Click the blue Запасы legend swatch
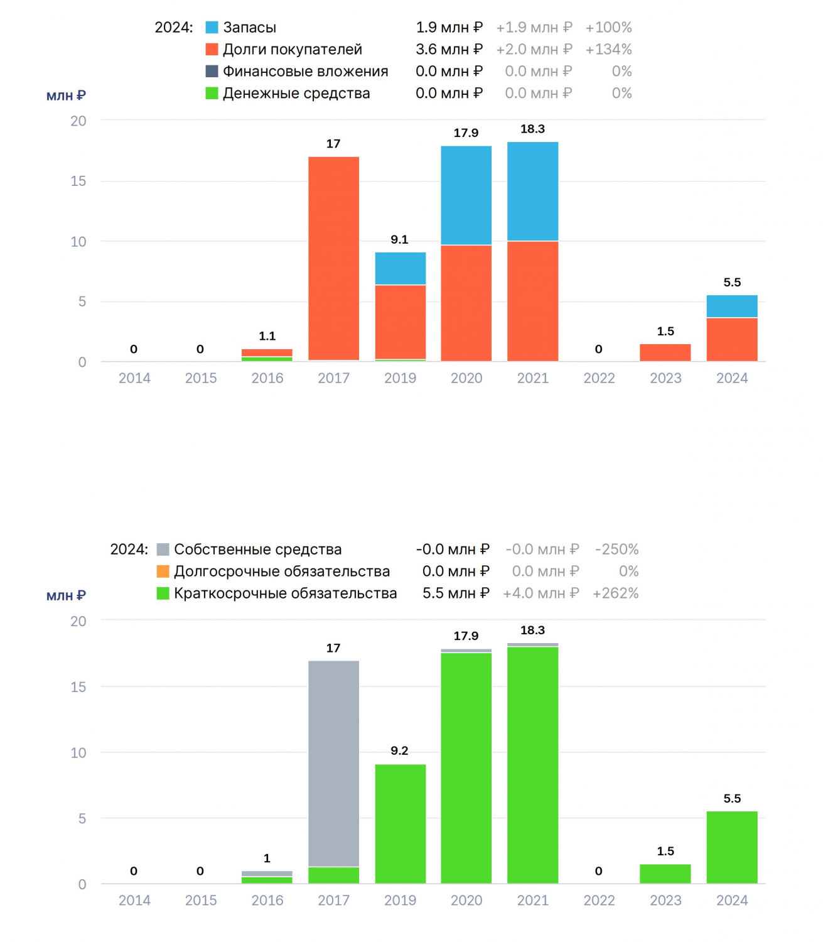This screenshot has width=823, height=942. [x=212, y=27]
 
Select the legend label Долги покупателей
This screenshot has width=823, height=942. [x=293, y=49]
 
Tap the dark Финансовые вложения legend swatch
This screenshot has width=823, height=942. [x=212, y=71]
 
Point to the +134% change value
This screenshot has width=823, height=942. [x=608, y=49]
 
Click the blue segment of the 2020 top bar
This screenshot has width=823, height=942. [x=466, y=195]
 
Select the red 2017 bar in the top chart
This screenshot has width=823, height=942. [x=333, y=258]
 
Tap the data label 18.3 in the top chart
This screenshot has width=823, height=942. [x=532, y=129]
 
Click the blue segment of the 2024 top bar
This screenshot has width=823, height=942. [x=731, y=306]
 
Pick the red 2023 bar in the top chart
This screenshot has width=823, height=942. [x=665, y=352]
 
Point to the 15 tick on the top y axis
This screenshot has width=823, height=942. [x=78, y=181]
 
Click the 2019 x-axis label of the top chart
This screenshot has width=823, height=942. [x=400, y=378]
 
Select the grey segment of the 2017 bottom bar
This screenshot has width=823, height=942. [x=333, y=764]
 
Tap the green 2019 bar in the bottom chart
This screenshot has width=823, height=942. [x=400, y=824]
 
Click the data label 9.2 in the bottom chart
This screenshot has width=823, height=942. [x=399, y=750]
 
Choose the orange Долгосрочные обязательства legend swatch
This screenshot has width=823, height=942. [x=163, y=571]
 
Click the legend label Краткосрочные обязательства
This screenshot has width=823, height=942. [x=286, y=593]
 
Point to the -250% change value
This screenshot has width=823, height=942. [x=616, y=549]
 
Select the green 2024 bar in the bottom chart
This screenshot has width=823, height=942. [x=731, y=847]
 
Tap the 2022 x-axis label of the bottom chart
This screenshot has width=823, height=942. [x=599, y=900]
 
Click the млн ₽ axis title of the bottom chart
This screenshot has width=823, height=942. [x=66, y=596]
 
